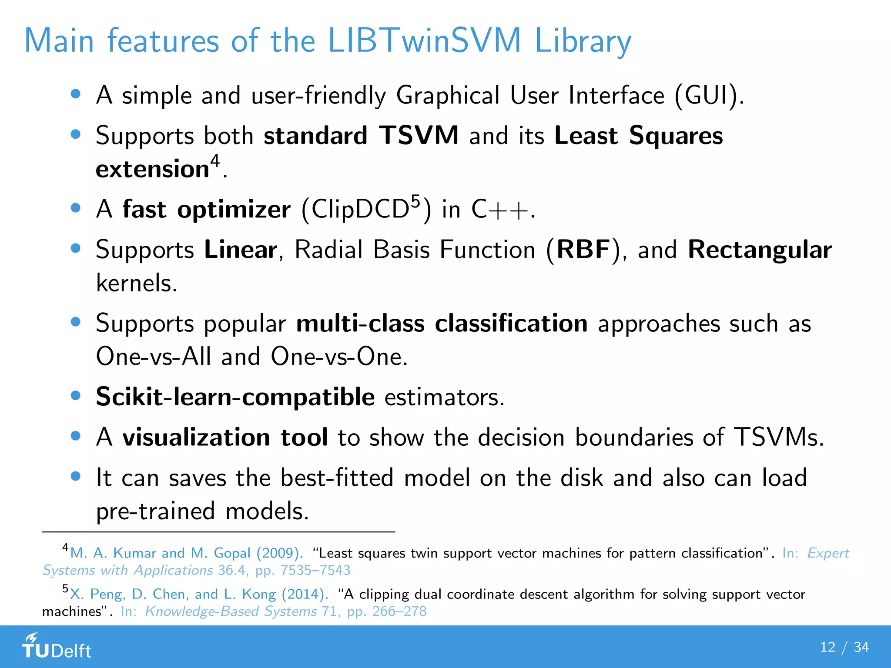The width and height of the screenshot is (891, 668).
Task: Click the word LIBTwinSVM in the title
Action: pos(424,40)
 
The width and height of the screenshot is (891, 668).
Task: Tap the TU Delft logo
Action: pos(57,646)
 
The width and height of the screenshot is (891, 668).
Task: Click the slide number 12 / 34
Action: pos(844,647)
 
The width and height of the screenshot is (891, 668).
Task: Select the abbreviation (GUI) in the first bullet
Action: pos(710,95)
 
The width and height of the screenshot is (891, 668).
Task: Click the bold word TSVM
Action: pos(419,135)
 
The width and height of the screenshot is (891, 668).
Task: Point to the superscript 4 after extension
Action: pos(215,161)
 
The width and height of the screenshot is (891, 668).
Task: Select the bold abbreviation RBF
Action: pos(583,250)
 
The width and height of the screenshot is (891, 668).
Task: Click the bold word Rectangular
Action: pos(760,250)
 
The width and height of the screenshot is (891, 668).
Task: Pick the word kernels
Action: pos(136,283)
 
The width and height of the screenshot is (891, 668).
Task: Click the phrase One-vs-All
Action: pos(153,357)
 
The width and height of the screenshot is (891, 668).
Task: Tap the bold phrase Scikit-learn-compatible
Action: pos(235,397)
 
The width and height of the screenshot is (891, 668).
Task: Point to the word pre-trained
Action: pos(155,511)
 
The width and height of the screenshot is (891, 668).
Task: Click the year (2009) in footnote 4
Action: pos(279,553)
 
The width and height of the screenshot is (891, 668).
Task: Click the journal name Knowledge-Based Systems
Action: pos(231,611)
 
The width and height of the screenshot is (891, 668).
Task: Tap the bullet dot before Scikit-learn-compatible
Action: pos(76,395)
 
